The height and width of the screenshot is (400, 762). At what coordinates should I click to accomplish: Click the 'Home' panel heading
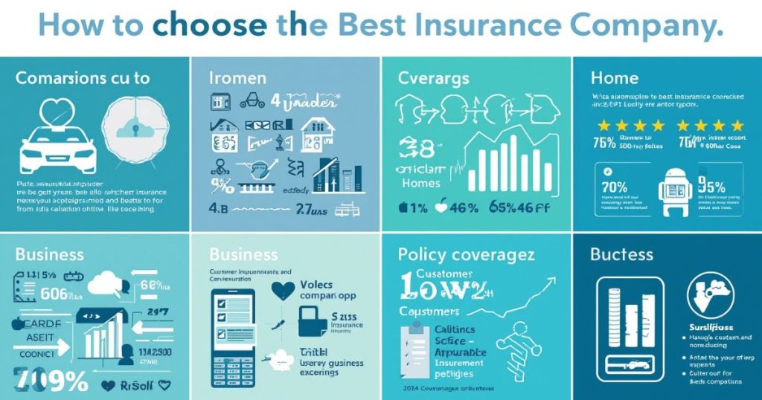tap(614, 77)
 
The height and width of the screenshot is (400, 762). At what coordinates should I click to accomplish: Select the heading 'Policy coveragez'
tap(466, 255)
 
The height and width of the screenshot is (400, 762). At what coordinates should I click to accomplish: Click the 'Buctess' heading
tap(621, 255)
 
